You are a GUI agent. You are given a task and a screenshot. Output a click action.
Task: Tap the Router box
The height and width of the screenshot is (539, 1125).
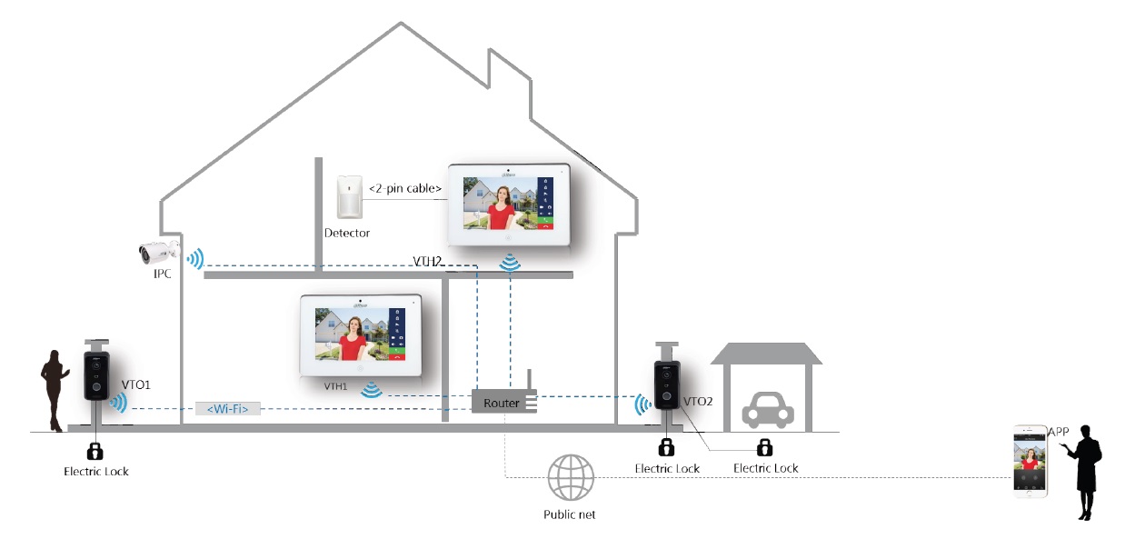(501, 403)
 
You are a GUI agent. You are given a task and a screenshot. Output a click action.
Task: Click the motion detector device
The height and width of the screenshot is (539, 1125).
(348, 196)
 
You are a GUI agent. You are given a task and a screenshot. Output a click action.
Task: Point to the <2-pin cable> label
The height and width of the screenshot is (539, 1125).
(405, 189)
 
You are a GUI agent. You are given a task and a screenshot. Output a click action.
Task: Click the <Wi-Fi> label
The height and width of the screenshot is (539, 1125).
(227, 409)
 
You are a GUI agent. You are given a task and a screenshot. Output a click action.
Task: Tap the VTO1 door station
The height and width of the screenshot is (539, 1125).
(96, 375)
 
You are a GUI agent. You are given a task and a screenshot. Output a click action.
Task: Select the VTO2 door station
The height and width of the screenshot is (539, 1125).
(666, 387)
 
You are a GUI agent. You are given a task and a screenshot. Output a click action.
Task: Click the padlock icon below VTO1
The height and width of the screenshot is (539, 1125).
(95, 450)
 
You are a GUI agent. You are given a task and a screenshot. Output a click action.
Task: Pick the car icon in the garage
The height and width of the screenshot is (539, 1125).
(762, 411)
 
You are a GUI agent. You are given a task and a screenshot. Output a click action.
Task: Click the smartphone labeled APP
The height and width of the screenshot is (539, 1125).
(1030, 460)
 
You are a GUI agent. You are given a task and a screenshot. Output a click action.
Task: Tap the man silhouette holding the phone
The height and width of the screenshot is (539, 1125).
(1085, 472)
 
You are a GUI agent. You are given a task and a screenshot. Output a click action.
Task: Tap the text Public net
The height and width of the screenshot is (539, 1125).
(570, 514)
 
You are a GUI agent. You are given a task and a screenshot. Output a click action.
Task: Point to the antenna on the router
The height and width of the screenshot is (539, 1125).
(526, 382)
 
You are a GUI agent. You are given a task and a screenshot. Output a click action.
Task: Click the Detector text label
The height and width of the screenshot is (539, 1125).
(347, 234)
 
